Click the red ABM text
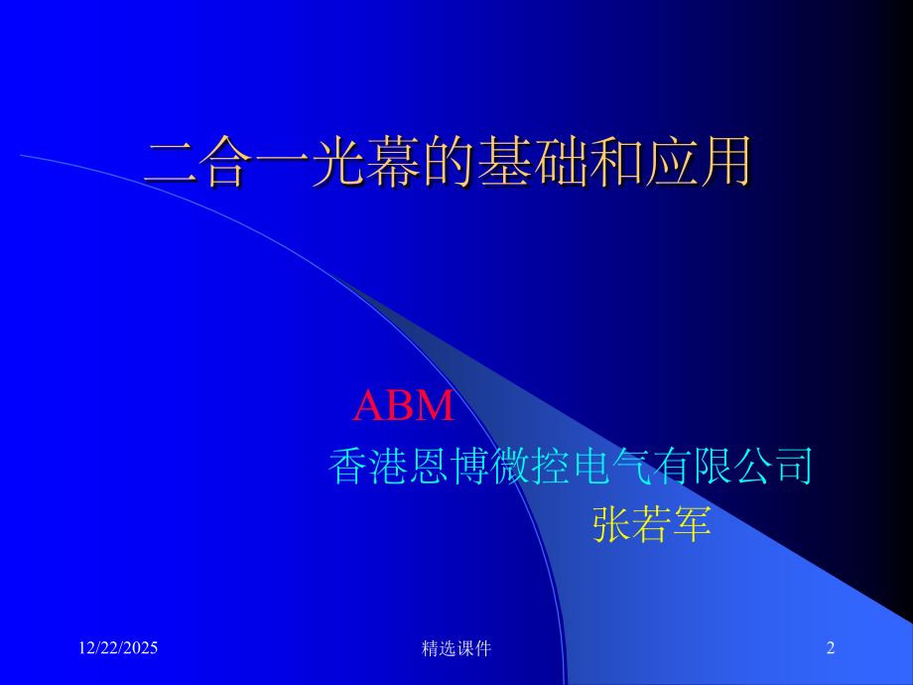[x=404, y=405]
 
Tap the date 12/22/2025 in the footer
[x=118, y=648]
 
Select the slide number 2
[x=831, y=648]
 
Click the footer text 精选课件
[x=456, y=648]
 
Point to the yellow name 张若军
[x=652, y=523]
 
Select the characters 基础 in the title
[x=527, y=162]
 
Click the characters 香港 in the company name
[x=368, y=466]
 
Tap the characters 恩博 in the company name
[x=449, y=466]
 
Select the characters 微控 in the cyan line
[x=530, y=466]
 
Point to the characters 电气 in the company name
[x=611, y=466]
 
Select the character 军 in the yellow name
[x=693, y=523]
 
